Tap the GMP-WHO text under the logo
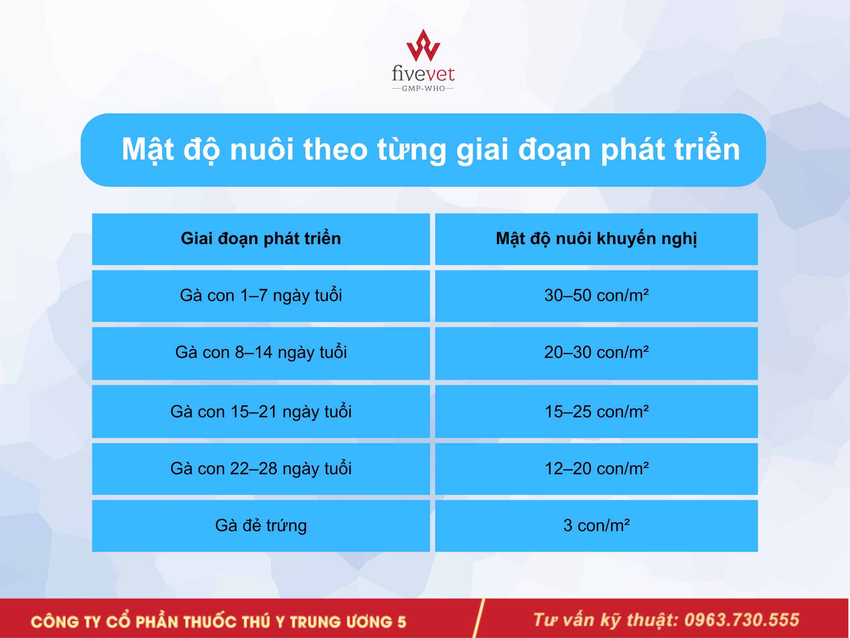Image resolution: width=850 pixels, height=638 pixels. click(423, 88)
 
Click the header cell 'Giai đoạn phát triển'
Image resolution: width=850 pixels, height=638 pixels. click(261, 239)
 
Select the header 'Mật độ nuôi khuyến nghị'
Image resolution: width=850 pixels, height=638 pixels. click(596, 239)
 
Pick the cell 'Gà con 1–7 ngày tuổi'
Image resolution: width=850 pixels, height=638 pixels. click(261, 296)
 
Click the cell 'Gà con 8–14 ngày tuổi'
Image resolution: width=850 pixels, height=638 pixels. click(261, 353)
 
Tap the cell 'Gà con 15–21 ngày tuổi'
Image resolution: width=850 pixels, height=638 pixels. click(261, 412)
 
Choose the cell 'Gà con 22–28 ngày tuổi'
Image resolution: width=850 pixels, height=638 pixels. click(261, 468)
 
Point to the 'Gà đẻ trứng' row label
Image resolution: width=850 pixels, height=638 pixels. click(261, 525)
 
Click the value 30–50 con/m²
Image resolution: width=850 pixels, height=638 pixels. click(596, 295)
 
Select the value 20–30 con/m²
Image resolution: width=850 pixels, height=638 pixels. click(596, 352)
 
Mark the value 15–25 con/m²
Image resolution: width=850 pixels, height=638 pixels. click(596, 411)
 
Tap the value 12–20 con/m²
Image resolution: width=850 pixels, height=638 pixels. click(596, 468)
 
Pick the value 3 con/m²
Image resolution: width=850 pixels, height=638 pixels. click(596, 525)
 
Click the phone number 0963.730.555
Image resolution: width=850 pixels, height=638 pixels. click(742, 620)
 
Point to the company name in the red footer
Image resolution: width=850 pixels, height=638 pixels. click(218, 621)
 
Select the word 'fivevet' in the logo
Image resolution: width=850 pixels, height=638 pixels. click(423, 74)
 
